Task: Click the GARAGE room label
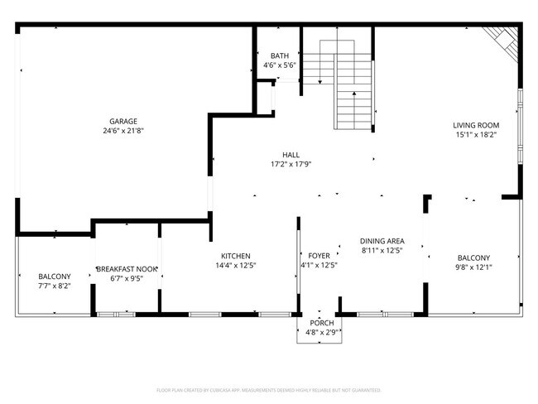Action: click(x=123, y=121)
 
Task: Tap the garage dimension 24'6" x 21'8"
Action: click(x=123, y=131)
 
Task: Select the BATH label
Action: click(x=280, y=55)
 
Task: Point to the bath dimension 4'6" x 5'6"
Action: click(x=280, y=65)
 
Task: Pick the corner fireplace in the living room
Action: click(x=502, y=41)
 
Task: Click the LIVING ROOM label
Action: click(x=474, y=125)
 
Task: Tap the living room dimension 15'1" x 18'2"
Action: click(x=474, y=135)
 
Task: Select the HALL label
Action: click(x=291, y=154)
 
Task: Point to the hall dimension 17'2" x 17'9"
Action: click(x=291, y=164)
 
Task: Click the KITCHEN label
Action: click(x=235, y=256)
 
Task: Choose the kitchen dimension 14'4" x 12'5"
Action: click(x=235, y=266)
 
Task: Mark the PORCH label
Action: click(x=321, y=323)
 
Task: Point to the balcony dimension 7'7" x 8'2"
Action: click(x=55, y=286)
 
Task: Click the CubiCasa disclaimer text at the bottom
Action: click(x=268, y=389)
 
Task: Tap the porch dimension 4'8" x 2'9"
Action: click(x=321, y=333)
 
